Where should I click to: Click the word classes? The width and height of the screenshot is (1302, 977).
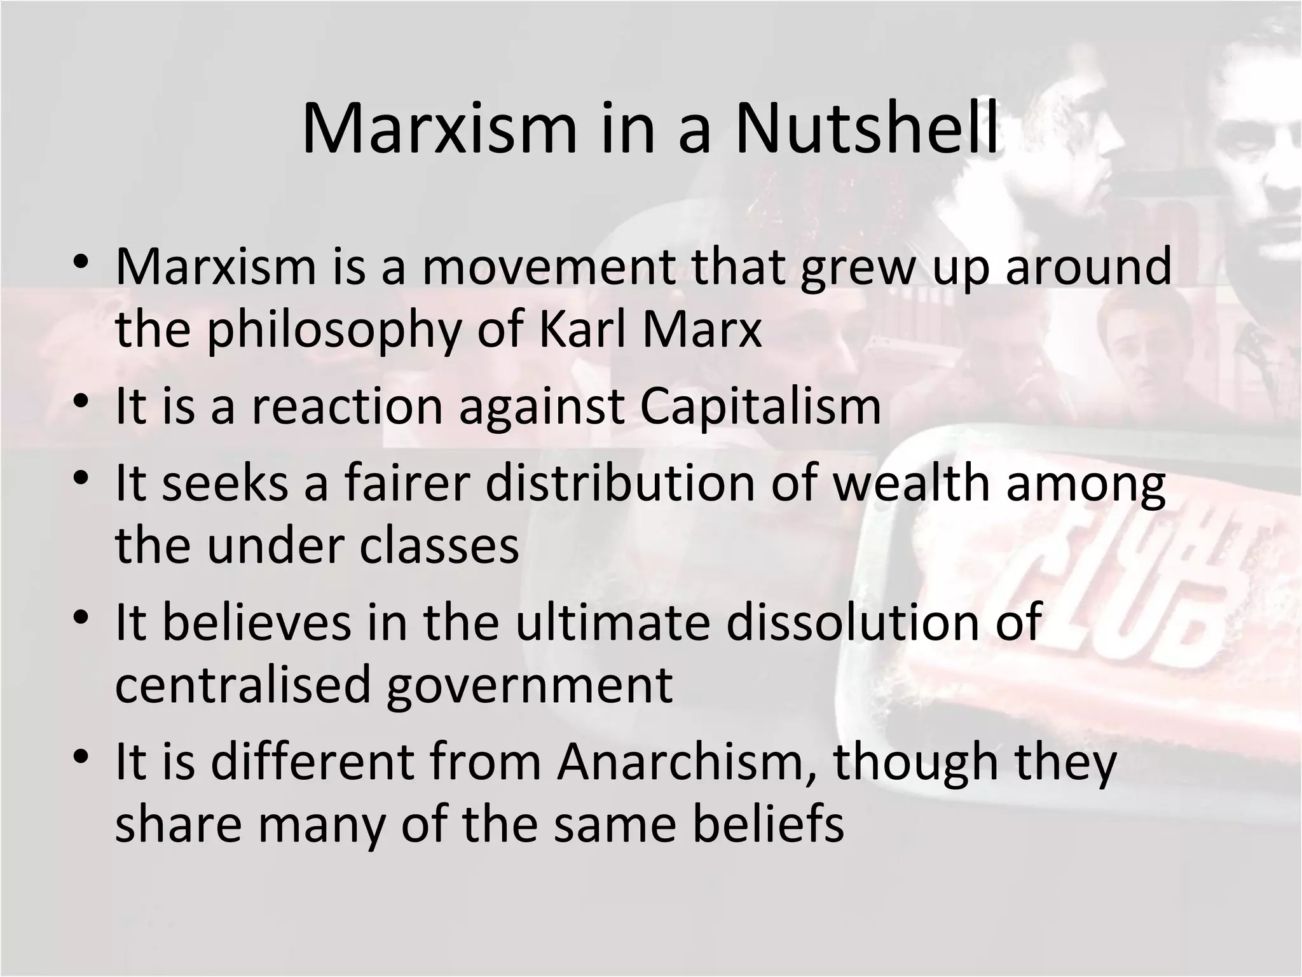click(x=439, y=545)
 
